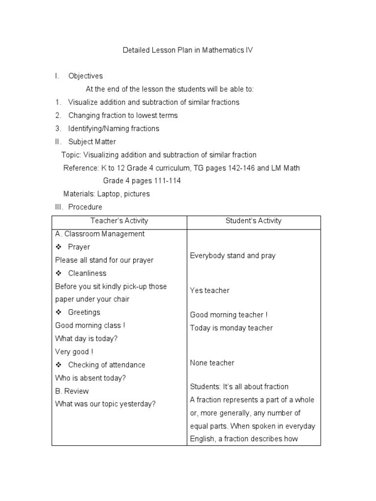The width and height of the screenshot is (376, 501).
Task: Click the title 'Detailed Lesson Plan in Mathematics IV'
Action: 188,50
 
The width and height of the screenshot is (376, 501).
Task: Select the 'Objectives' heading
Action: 85,76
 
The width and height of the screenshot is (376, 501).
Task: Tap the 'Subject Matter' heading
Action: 92,142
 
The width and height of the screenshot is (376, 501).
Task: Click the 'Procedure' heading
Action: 85,207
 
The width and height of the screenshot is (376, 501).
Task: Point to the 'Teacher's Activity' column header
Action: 119,221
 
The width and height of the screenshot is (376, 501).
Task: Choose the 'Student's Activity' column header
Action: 254,221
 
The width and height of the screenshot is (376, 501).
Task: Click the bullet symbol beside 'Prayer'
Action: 58,247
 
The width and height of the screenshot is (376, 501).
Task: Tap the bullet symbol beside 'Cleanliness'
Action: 58,273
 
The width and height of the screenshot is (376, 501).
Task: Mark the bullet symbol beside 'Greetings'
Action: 58,312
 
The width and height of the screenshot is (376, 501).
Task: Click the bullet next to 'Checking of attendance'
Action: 58,364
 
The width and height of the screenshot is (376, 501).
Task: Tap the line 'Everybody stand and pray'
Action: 233,255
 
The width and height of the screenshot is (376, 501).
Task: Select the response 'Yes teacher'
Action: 210,291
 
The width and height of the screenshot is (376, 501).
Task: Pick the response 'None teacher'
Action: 212,363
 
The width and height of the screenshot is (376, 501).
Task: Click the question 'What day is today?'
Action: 86,339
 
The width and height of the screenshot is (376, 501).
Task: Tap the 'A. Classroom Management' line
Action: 100,234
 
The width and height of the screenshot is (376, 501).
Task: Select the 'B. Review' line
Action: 72,391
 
